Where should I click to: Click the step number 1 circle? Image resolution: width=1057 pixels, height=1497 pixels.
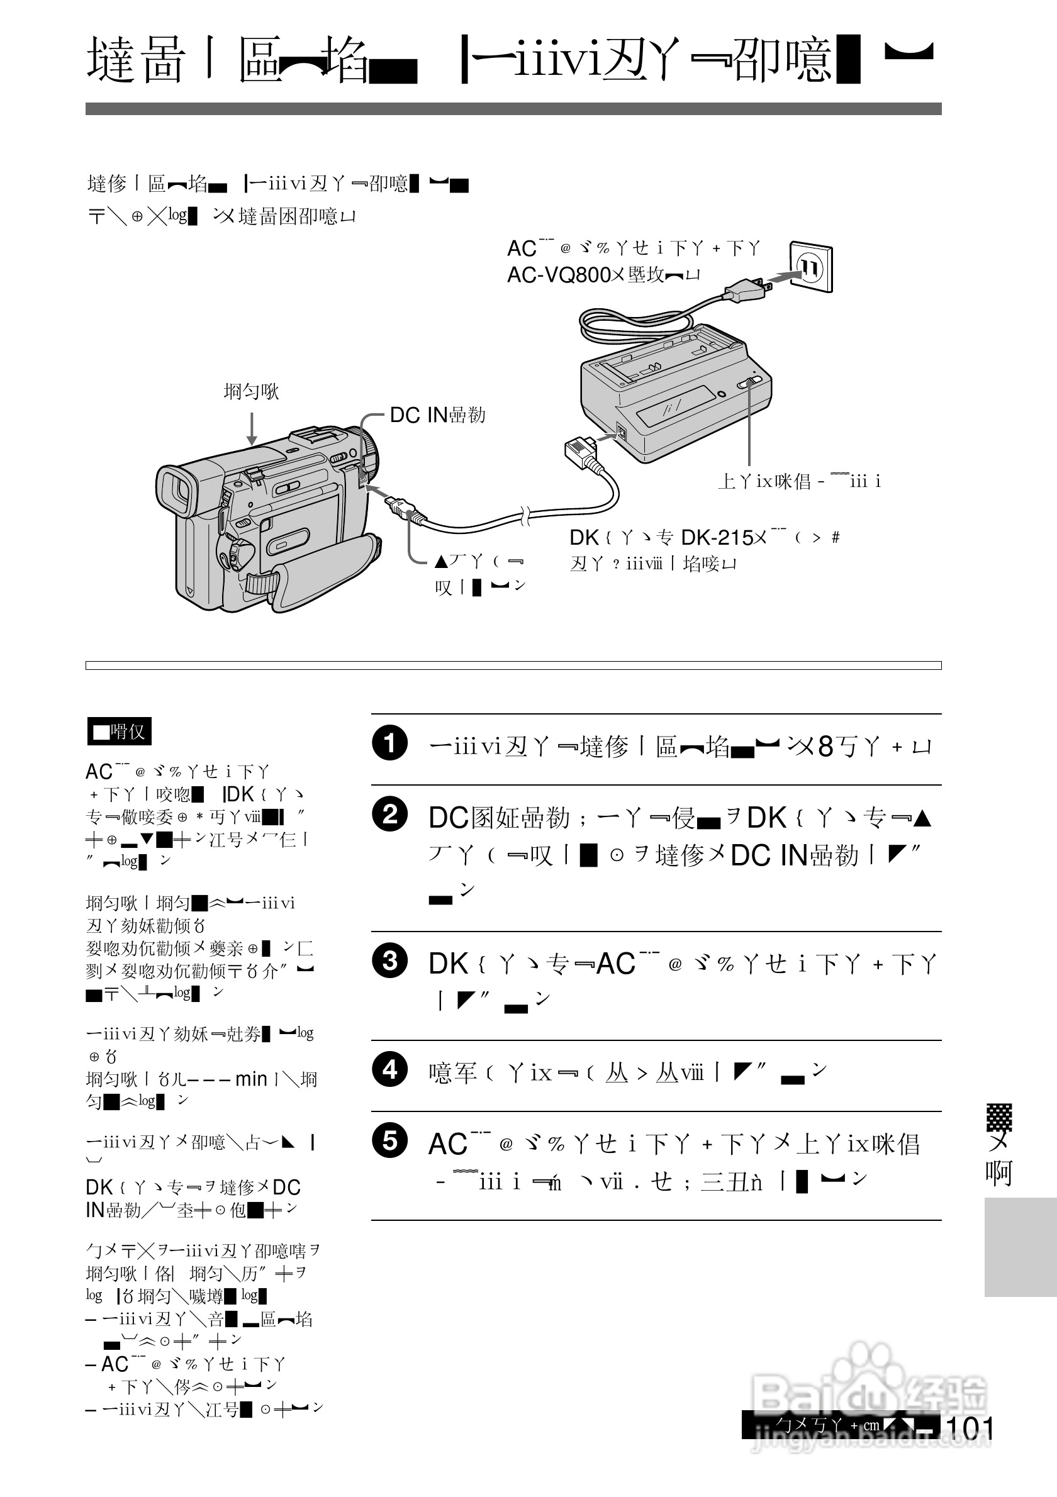(x=390, y=743)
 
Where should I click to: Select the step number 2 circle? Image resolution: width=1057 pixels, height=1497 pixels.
(x=390, y=815)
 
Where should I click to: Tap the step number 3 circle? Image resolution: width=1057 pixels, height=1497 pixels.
(x=390, y=960)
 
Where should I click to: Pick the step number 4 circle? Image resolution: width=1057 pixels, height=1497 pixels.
(x=390, y=1069)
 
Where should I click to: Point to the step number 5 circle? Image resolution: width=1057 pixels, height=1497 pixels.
(x=390, y=1140)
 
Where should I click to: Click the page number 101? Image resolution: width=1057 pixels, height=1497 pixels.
(x=969, y=1428)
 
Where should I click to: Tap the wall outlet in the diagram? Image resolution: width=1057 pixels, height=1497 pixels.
(x=810, y=267)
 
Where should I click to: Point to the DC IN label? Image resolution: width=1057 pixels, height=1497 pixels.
(x=418, y=415)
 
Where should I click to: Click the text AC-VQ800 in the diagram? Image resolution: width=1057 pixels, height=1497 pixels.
(x=559, y=275)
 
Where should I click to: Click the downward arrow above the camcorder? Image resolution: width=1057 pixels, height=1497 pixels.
(x=252, y=431)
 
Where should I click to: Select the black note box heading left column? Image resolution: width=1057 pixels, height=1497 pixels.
(x=120, y=732)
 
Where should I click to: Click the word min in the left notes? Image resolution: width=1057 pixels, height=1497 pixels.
(x=251, y=1079)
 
